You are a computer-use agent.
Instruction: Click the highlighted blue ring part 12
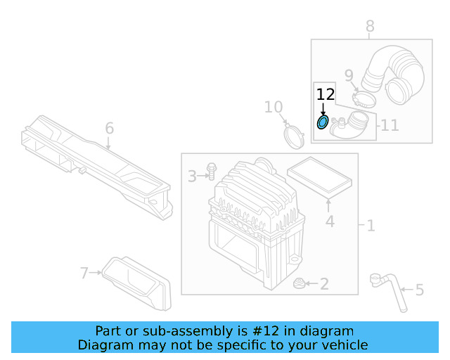(322, 123)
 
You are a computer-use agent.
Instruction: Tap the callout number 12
(325, 94)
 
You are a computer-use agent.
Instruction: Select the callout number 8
(370, 27)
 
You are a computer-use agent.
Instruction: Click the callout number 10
(274, 107)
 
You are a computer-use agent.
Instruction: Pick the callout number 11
(390, 125)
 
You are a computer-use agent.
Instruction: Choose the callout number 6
(109, 128)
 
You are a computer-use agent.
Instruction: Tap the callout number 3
(192, 176)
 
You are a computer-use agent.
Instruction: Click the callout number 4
(329, 223)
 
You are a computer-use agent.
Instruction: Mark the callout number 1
(371, 226)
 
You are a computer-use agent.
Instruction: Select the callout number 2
(324, 284)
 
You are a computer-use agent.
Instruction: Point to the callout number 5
(419, 289)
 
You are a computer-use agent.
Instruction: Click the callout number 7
(84, 272)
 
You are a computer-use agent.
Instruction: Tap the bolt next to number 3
(210, 171)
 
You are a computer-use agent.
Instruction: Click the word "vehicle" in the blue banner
(344, 345)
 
